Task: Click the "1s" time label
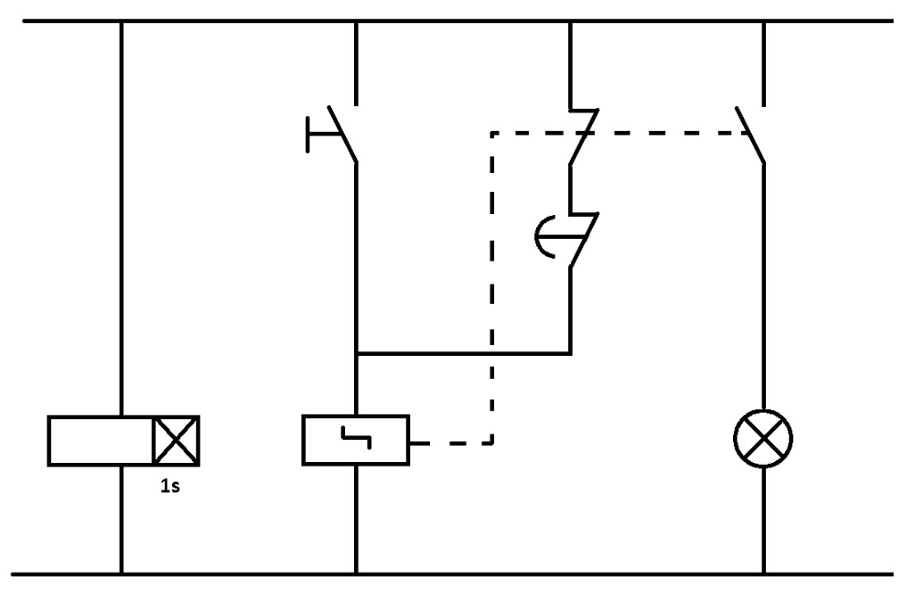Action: point(171,486)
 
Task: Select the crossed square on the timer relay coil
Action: point(177,440)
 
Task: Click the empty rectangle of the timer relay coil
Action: point(101,440)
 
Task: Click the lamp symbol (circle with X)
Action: point(763,439)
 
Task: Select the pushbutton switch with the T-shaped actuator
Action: point(340,136)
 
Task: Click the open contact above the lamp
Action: point(750,134)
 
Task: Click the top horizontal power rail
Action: point(457,20)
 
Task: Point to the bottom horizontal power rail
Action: point(457,575)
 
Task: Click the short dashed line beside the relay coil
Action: point(453,444)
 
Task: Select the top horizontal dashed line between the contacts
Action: point(659,134)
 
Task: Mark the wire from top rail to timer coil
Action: point(121,220)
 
